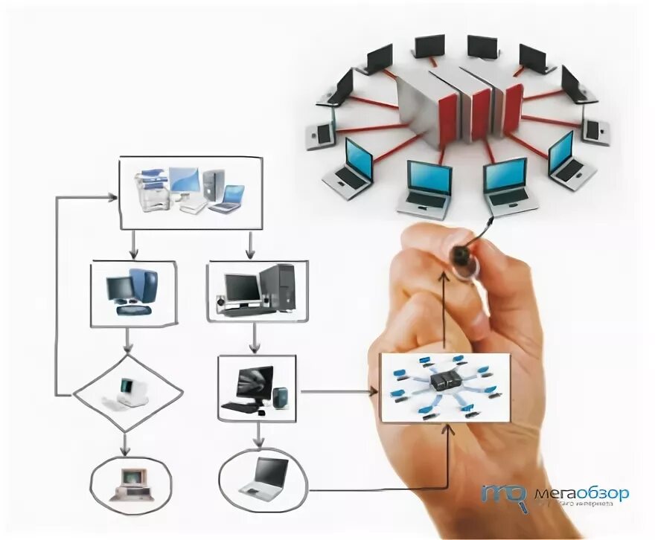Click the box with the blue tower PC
click(x=133, y=293)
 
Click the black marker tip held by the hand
click(x=462, y=256)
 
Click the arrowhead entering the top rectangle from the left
click(x=112, y=196)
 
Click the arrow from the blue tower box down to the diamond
click(x=128, y=340)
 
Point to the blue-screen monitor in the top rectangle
click(x=184, y=181)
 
